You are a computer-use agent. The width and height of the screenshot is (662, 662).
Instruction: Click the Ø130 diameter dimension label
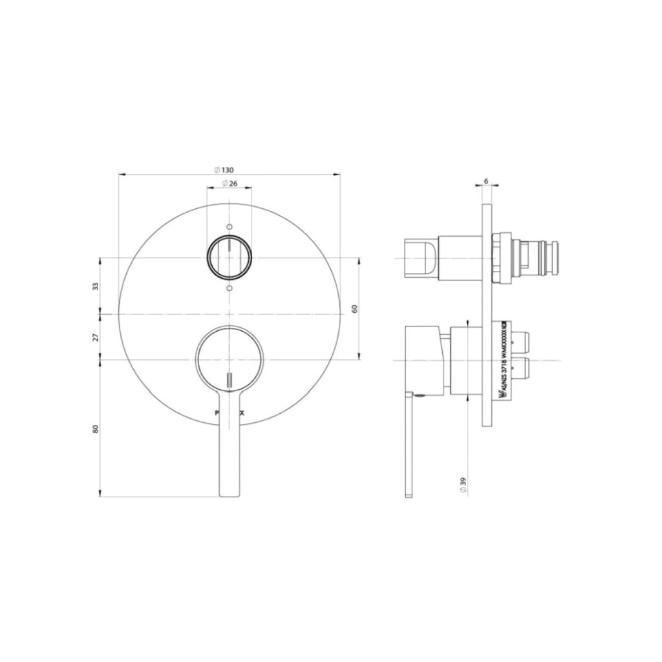tap(223, 169)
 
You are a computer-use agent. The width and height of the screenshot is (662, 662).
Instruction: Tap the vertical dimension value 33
tap(96, 286)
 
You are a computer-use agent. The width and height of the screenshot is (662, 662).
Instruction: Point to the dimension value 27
tap(96, 337)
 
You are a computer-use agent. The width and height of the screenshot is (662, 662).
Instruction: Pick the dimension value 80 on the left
tap(96, 428)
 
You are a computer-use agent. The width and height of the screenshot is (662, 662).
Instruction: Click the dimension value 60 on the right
tap(354, 309)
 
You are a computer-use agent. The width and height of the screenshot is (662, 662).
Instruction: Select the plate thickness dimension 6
tap(486, 182)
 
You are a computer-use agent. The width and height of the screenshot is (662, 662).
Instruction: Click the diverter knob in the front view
tap(229, 258)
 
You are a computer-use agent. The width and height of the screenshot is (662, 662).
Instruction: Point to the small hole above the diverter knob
tap(229, 227)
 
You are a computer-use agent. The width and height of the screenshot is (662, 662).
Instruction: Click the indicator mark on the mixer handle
tap(229, 380)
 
